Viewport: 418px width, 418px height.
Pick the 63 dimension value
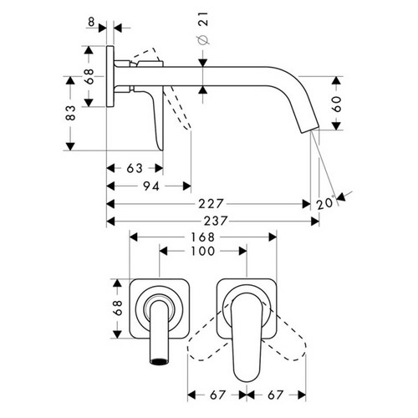pos(133,168)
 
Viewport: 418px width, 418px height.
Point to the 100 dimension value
pos(200,251)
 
